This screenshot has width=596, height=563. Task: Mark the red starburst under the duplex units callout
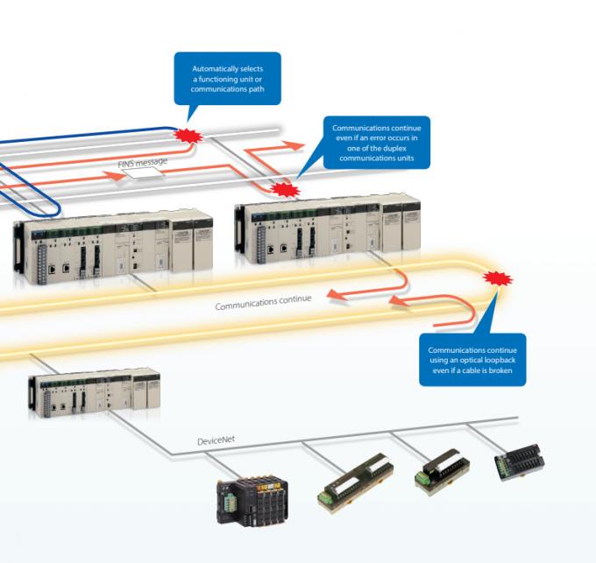click(283, 187)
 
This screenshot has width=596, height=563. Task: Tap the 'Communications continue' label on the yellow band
click(263, 304)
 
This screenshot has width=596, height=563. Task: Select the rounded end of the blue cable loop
click(53, 207)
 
